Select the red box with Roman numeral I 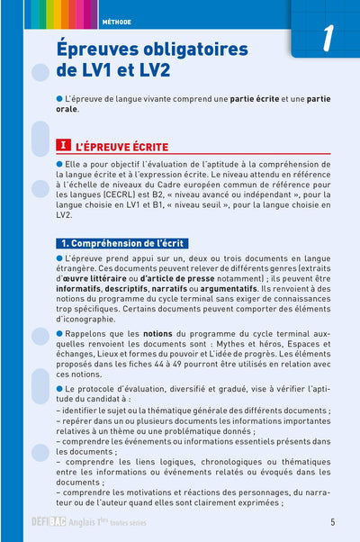(63, 144)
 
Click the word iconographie (97, 318)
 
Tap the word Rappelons (88, 334)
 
